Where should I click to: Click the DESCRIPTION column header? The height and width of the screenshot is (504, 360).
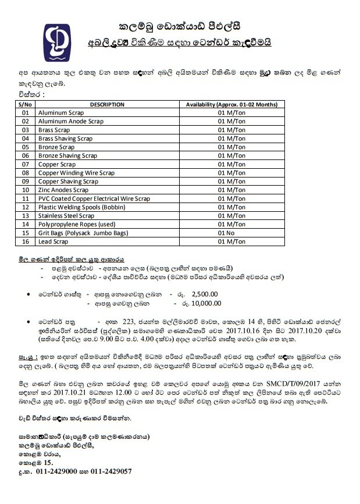tap(107, 104)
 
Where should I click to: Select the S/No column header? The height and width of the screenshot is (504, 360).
tap(25, 104)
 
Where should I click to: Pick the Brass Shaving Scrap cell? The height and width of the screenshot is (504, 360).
tap(65, 139)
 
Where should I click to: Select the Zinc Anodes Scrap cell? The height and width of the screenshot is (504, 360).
tap(63, 190)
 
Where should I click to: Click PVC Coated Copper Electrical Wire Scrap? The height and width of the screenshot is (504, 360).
tap(94, 198)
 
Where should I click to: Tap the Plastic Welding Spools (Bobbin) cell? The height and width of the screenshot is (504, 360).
tap(80, 207)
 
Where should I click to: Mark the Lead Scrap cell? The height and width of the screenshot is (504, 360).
tap(54, 241)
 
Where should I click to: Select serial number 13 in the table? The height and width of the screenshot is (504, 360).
tap(25, 215)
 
